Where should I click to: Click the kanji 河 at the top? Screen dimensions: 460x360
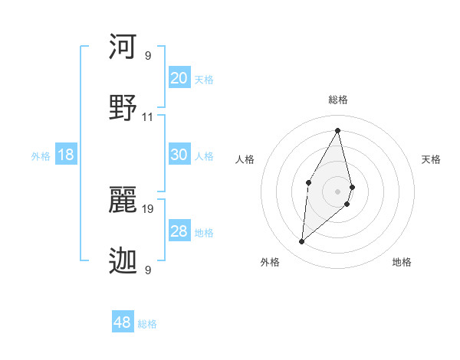tap(123, 47)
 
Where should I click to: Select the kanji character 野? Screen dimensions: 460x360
tap(123, 106)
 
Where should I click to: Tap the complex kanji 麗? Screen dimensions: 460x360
tap(123, 198)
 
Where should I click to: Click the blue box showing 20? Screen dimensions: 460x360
tap(179, 77)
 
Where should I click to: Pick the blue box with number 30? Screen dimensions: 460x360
tap(179, 154)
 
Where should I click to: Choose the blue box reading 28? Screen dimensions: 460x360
tap(179, 231)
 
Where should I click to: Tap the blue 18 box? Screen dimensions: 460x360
tap(66, 155)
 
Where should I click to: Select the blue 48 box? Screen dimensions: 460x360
tap(123, 322)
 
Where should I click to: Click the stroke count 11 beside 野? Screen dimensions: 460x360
tap(148, 117)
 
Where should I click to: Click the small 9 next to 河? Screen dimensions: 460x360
tap(148, 56)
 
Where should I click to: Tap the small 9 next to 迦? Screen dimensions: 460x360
tap(148, 270)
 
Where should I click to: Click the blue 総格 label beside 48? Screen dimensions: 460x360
tap(147, 324)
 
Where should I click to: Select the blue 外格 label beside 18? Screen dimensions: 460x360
tap(41, 156)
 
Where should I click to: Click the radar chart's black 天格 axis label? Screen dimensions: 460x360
tap(432, 159)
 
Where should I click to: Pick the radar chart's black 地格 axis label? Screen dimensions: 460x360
tap(402, 262)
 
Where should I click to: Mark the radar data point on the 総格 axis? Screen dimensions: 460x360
tap(337, 129)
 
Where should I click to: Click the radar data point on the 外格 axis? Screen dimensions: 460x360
tap(302, 242)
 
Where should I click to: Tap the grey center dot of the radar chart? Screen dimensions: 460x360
tap(337, 191)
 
